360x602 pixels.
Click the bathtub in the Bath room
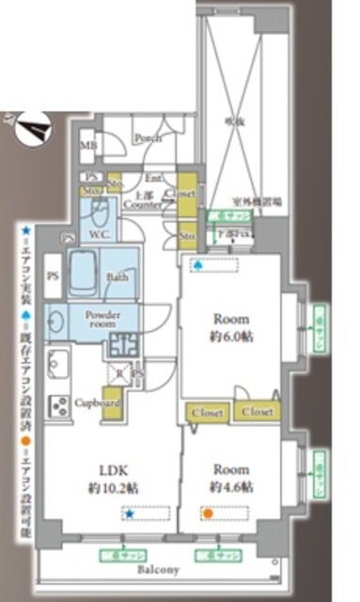(x=85, y=271)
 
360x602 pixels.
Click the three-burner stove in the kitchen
(x=58, y=405)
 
